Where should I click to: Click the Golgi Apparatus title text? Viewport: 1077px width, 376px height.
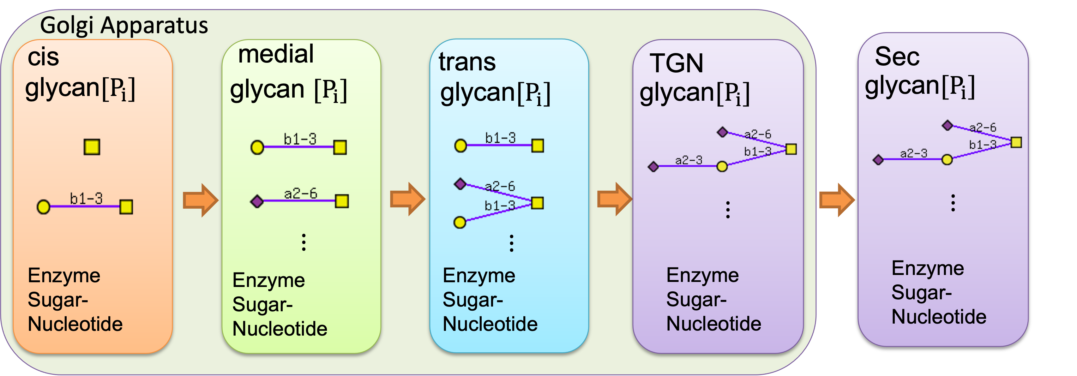[124, 26]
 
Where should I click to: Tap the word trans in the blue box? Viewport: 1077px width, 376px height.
[467, 62]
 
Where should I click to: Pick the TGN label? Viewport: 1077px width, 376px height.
[677, 63]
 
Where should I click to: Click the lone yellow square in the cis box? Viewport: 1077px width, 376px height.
[92, 147]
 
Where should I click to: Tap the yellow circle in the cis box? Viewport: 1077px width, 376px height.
[44, 207]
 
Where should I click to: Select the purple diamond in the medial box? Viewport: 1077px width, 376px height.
[257, 202]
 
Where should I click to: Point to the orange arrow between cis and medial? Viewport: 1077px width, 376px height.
[201, 200]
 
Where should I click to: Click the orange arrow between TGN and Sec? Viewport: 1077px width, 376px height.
[837, 200]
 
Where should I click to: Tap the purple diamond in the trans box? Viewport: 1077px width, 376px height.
[460, 184]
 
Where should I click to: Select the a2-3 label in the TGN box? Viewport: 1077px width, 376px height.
[689, 160]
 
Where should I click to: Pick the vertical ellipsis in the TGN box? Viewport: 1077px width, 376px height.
[728, 210]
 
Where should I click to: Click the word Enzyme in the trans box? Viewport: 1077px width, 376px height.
[479, 276]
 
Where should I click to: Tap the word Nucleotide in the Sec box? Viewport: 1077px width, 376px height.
[939, 317]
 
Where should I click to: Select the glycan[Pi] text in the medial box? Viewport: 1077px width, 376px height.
[288, 90]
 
